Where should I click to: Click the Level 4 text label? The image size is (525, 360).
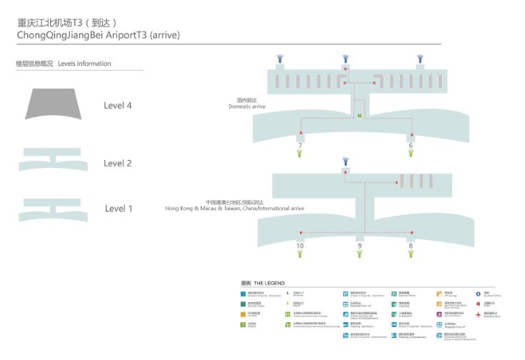(118, 106)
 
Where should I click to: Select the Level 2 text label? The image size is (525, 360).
(118, 164)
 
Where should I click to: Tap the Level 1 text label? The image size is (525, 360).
(119, 209)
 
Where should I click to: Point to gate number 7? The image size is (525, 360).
(300, 146)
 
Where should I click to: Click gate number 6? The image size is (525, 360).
(411, 146)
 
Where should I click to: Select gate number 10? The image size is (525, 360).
(300, 246)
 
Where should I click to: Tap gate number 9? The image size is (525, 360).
(359, 246)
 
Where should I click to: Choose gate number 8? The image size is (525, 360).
(411, 246)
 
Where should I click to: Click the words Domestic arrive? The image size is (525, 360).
(247, 106)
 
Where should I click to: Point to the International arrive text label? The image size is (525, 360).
(235, 209)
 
